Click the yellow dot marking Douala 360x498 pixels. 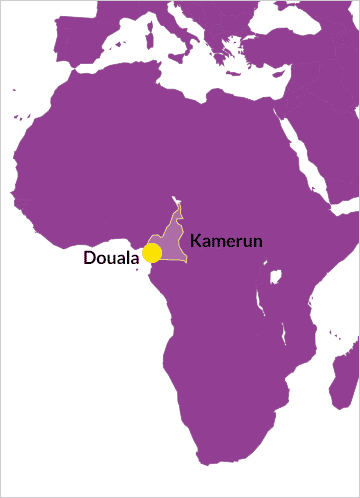(152, 252)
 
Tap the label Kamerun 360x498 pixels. (226, 241)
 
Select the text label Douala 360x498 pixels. (111, 258)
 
